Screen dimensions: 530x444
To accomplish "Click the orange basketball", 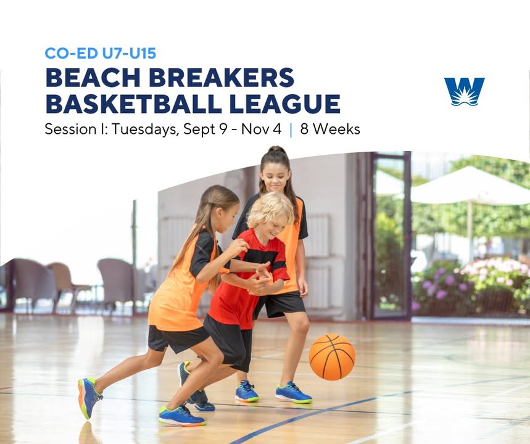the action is click(332, 357).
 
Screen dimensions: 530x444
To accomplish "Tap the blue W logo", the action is click(464, 91).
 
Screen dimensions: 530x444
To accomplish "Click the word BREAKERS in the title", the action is click(222, 78).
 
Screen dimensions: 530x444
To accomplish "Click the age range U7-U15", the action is click(129, 54).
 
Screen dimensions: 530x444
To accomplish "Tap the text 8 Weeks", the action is click(330, 129).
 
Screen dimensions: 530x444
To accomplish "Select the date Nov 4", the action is click(261, 129).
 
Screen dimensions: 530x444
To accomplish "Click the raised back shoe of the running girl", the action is click(88, 398).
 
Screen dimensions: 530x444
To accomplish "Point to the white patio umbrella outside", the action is click(468, 186).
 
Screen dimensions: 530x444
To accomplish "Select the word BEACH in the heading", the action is click(93, 78).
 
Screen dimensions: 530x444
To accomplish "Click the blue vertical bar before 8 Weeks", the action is click(291, 129).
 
